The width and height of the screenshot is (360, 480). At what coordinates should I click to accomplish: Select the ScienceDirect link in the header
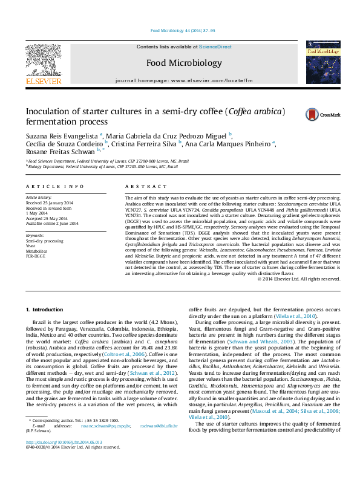215,47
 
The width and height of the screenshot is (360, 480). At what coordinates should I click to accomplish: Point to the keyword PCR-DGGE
36,256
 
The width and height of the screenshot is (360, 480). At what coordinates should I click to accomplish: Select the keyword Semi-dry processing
44,241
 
